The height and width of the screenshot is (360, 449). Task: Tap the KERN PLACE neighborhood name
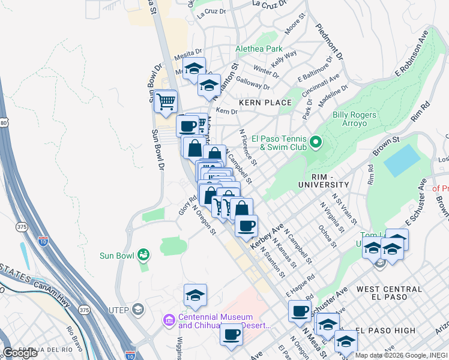click(x=265, y=103)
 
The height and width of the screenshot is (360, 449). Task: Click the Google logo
click(x=20, y=353)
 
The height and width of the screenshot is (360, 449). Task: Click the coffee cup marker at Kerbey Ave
click(x=246, y=226)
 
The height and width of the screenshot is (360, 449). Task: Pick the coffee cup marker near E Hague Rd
click(x=300, y=311)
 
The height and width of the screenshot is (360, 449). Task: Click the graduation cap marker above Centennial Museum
click(x=195, y=296)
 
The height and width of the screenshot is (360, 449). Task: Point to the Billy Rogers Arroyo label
click(x=355, y=119)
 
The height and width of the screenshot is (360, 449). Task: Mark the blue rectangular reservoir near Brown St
click(x=402, y=160)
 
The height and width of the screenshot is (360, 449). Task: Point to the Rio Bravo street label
click(x=76, y=337)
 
